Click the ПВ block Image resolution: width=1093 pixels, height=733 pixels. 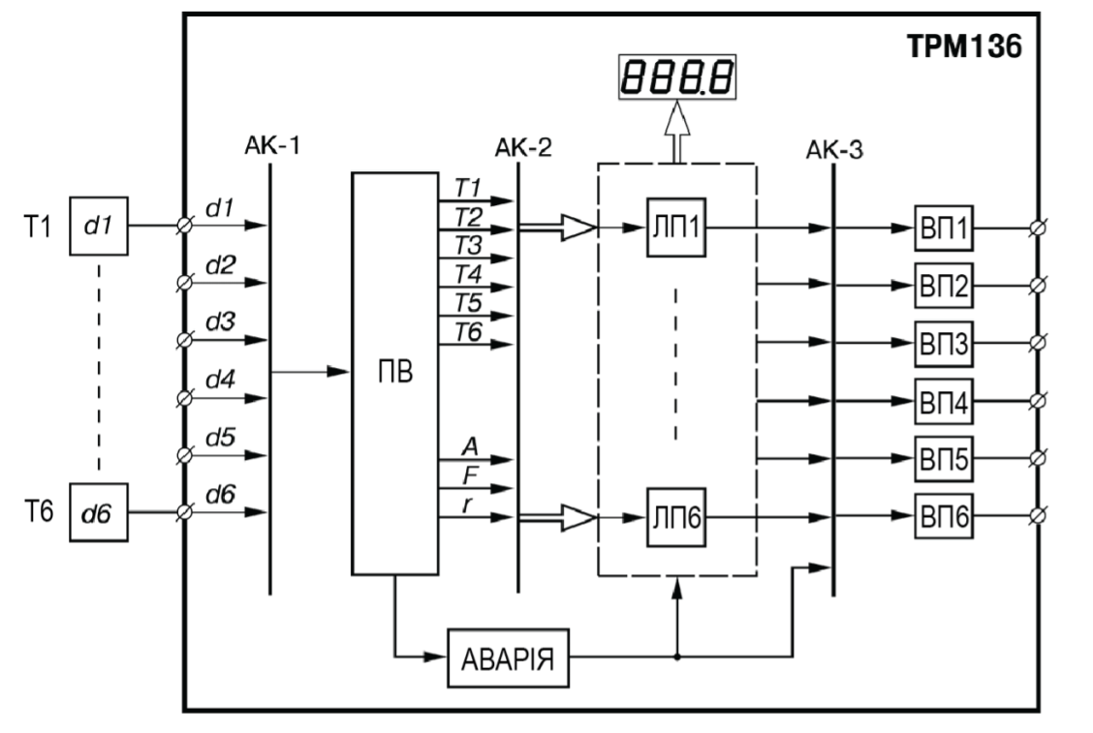point(395,373)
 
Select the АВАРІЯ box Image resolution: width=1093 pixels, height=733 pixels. point(508,657)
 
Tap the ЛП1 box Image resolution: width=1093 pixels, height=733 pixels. point(676,228)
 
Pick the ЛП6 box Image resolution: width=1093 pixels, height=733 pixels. point(676,517)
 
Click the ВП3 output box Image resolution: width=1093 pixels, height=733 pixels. point(944,344)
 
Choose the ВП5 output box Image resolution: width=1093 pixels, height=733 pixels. point(944,459)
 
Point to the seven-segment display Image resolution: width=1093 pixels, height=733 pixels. point(677,76)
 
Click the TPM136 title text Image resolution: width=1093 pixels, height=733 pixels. point(965,46)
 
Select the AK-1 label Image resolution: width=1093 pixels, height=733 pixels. point(272,146)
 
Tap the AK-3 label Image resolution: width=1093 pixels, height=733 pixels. point(834,150)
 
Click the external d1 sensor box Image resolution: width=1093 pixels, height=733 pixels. point(98,226)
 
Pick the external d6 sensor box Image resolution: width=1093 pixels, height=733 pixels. point(98,512)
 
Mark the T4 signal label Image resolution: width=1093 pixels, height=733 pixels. point(468,274)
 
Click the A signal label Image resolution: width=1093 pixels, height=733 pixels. point(471,446)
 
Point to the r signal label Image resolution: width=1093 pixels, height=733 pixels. point(468,504)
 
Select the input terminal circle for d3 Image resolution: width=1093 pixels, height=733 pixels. point(184,340)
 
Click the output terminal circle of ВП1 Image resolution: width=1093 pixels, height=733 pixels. point(1038,228)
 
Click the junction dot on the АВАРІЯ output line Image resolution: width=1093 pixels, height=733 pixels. point(677,657)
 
